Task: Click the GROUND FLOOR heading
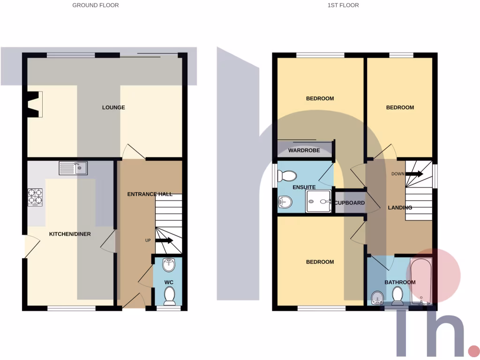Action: (x=95, y=5)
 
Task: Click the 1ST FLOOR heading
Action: (x=343, y=5)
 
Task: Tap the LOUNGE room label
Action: (x=113, y=107)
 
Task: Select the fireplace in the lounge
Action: (x=34, y=104)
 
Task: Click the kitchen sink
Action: (x=73, y=168)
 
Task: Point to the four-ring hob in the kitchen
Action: (x=36, y=197)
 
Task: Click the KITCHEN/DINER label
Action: (x=70, y=234)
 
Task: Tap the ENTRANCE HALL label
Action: (x=150, y=194)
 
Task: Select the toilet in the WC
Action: (x=169, y=296)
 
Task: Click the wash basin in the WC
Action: (x=169, y=265)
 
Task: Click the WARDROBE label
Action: (x=304, y=150)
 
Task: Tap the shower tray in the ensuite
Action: (x=319, y=202)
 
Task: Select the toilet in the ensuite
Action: (x=287, y=176)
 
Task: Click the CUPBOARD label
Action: (x=349, y=203)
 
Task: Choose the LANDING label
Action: (x=400, y=208)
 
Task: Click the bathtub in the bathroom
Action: (x=420, y=281)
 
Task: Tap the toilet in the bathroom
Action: (x=397, y=296)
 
